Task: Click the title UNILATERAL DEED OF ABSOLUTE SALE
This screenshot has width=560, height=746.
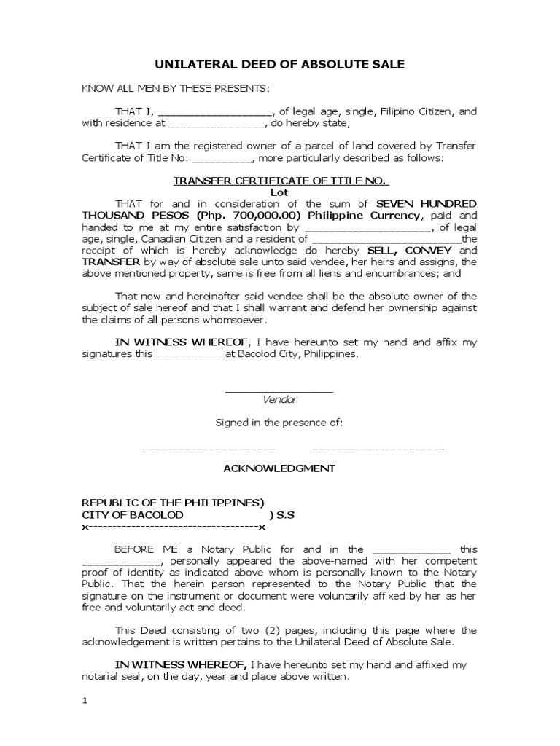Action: [x=279, y=65]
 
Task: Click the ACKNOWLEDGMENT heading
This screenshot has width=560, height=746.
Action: [x=279, y=468]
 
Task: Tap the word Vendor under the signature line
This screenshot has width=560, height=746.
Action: [x=279, y=399]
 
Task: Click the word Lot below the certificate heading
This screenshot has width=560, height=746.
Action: [x=279, y=192]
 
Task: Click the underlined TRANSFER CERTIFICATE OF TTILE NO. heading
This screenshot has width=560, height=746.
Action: [x=279, y=181]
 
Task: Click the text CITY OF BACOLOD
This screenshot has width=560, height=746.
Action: [x=132, y=514]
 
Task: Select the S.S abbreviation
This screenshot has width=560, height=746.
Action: [x=281, y=514]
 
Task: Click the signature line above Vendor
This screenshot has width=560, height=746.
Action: [x=279, y=392]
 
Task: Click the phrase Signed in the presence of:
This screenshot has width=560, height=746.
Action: [x=279, y=423]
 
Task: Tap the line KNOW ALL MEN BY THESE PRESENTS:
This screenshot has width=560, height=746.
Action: [x=175, y=89]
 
